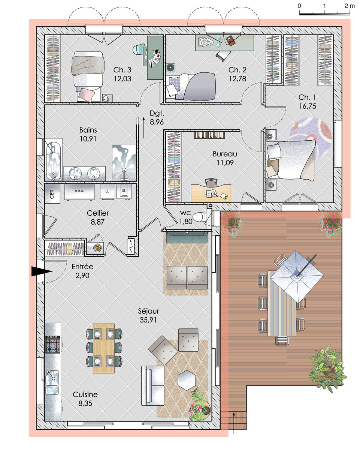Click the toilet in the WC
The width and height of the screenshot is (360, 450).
click(x=200, y=217)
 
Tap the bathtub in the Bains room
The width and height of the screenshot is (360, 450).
click(x=54, y=159)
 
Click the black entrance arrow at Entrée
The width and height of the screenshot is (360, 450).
click(x=42, y=271)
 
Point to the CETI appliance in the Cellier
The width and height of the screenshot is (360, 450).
click(x=52, y=193)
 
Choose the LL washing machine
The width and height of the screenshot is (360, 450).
click(x=108, y=191)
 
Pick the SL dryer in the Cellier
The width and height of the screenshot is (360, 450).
click(x=124, y=191)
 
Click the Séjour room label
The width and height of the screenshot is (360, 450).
click(x=148, y=311)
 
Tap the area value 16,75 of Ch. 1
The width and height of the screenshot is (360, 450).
click(x=308, y=106)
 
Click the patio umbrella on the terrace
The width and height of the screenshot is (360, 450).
click(x=296, y=276)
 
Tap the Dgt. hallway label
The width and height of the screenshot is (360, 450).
click(x=157, y=113)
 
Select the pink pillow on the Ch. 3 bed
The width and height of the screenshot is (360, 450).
click(x=86, y=95)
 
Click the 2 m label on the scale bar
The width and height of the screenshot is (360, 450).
click(x=350, y=6)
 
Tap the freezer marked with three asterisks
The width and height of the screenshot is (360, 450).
click(x=79, y=192)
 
